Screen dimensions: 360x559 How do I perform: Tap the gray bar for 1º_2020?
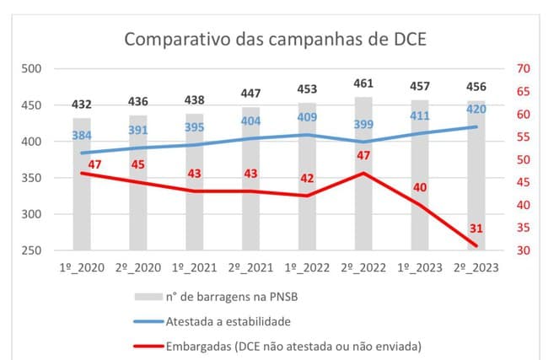(82, 211)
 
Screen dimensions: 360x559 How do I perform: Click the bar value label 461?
(363, 83)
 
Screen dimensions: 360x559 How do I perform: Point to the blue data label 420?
(476, 109)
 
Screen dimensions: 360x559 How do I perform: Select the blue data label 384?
(81, 135)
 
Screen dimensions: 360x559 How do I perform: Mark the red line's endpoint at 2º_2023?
(476, 245)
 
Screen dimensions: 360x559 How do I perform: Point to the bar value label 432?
(81, 105)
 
